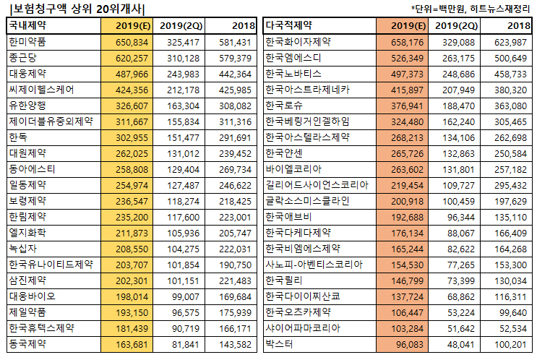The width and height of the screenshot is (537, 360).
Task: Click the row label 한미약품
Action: pyautogui.click(x=25, y=42)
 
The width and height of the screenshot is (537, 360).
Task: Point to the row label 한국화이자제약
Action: pyautogui.click(x=298, y=42)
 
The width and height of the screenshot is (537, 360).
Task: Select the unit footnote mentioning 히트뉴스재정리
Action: pyautogui.click(x=472, y=9)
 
